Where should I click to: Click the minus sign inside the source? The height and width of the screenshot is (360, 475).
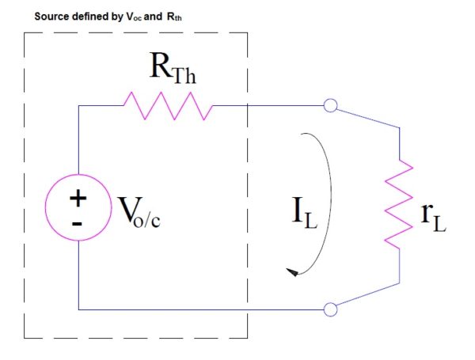[78, 223]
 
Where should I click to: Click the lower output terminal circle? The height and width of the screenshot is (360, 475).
[332, 309]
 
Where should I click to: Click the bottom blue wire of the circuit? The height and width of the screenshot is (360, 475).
[198, 309]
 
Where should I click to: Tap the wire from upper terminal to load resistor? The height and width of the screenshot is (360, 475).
[368, 119]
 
